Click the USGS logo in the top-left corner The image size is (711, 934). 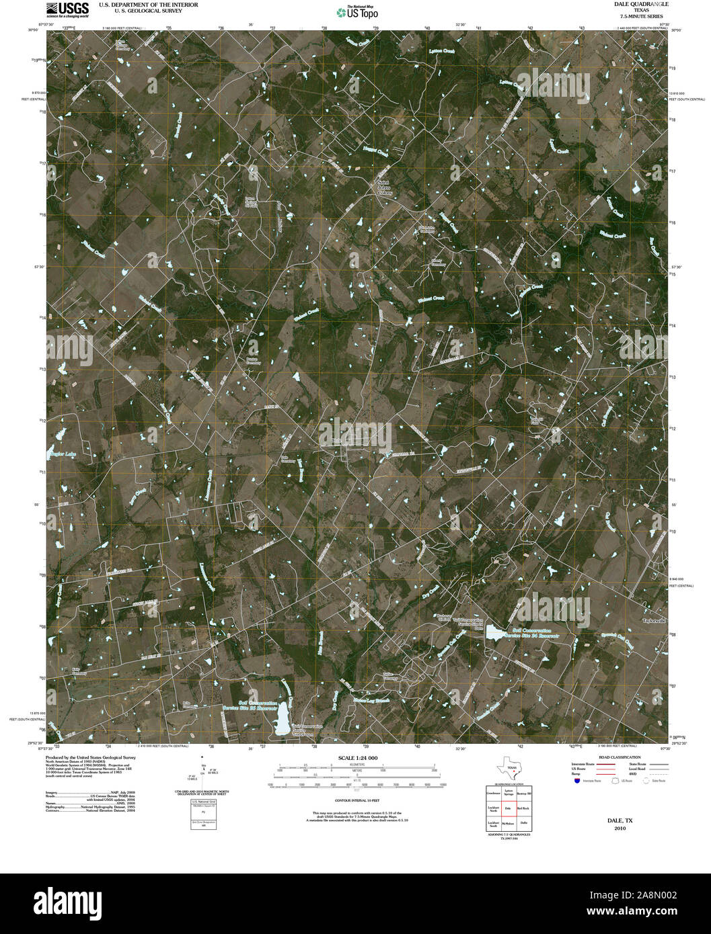(x=67, y=9)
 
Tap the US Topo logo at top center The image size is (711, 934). (x=354, y=11)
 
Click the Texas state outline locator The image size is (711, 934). (x=508, y=767)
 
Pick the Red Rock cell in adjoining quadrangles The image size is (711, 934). (x=523, y=808)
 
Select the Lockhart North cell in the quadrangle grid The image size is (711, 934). (x=493, y=808)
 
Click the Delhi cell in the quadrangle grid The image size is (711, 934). (x=523, y=823)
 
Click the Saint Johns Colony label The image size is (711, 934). (x=384, y=187)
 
